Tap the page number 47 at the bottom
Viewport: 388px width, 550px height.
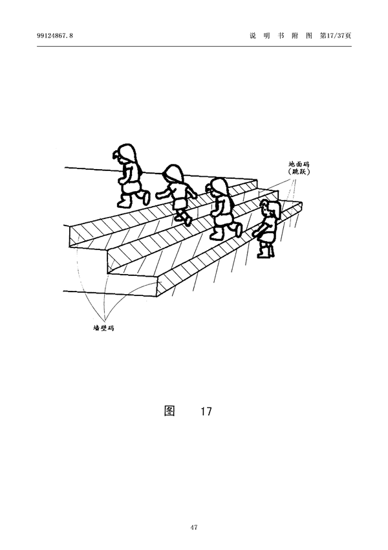(194, 527)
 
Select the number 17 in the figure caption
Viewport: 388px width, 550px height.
(206, 411)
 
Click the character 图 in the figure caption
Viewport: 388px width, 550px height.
(169, 411)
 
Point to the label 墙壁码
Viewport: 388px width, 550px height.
(103, 328)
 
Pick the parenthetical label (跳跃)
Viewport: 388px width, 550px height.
(299, 174)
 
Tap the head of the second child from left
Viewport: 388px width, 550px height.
(173, 174)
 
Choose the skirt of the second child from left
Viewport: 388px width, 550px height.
(180, 202)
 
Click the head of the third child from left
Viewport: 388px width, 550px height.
(220, 187)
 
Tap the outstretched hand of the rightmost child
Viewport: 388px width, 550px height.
(255, 232)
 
